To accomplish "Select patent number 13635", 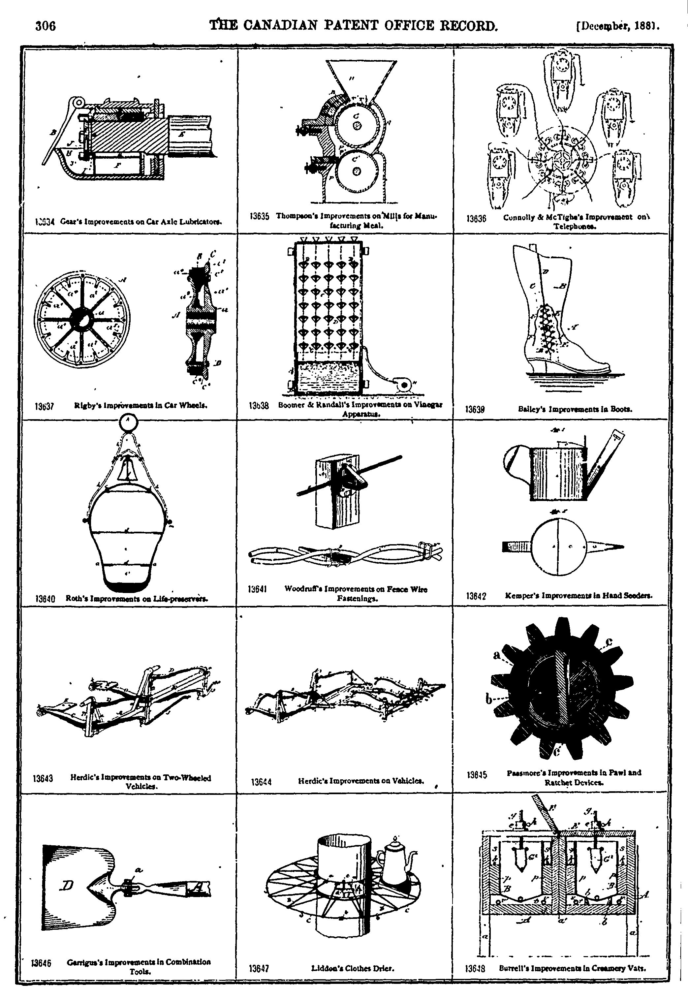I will click(x=260, y=216).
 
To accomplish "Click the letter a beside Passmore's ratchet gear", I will click(x=497, y=656).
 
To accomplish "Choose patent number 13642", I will click(x=476, y=597).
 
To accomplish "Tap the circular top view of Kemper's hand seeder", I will click(x=559, y=547).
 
